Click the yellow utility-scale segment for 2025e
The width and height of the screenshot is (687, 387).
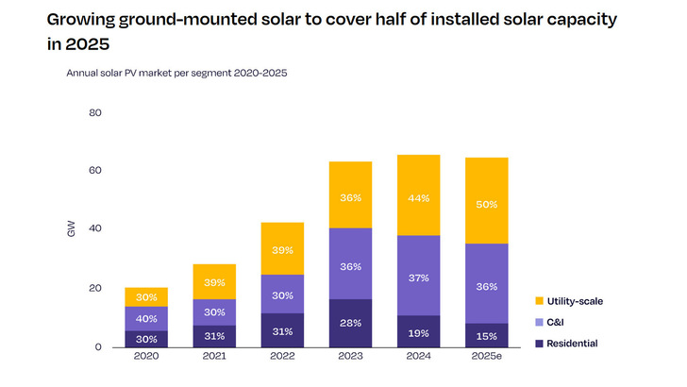click(x=486, y=200)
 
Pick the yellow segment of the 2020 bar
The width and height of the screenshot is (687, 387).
click(x=146, y=296)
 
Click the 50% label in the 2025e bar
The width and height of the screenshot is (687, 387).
click(x=487, y=204)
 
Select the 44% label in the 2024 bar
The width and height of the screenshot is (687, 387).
click(x=418, y=198)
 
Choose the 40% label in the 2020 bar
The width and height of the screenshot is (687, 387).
click(x=146, y=318)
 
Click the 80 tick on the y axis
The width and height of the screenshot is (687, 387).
click(x=95, y=113)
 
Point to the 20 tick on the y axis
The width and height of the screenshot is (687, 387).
click(x=95, y=289)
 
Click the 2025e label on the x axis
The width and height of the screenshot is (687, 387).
click(x=487, y=358)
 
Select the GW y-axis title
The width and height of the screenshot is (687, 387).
click(x=71, y=229)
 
